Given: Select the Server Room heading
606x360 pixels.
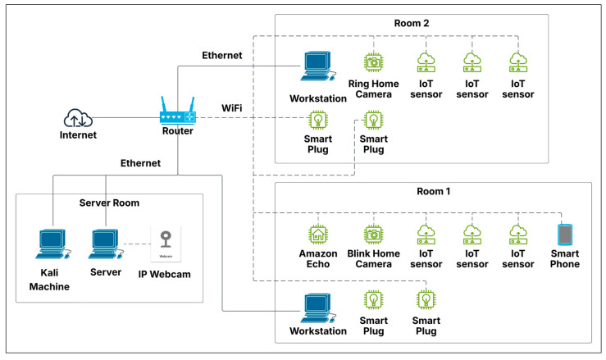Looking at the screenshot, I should [109, 203].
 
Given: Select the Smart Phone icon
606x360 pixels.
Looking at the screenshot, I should [564, 234].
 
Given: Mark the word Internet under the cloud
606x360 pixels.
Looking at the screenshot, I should [78, 135].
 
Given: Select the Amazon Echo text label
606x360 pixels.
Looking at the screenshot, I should [317, 258].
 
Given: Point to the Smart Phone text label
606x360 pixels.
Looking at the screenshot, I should [564, 258].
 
